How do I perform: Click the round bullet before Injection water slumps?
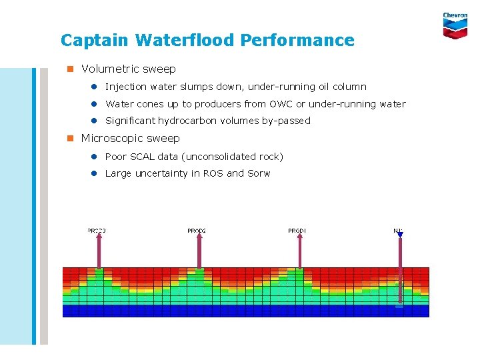[95, 87]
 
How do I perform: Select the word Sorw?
[259, 173]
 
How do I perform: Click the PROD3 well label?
[97, 231]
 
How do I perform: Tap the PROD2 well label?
[197, 231]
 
